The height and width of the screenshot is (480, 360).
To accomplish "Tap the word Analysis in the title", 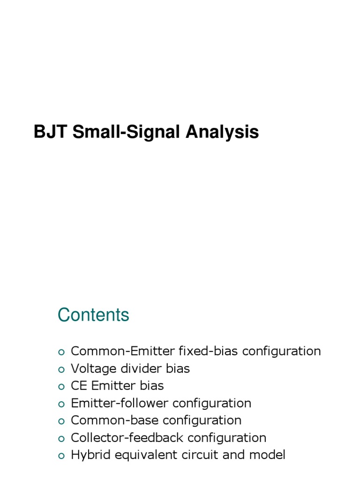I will (x=222, y=132).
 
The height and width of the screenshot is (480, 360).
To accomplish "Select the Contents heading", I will (x=93, y=315).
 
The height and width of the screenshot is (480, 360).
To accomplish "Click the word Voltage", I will (x=92, y=368).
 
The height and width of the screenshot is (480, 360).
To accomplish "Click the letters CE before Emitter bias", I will (x=78, y=386).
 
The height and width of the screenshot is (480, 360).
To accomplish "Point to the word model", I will (x=270, y=455).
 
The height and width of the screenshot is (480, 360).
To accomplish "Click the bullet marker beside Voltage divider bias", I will (x=60, y=369).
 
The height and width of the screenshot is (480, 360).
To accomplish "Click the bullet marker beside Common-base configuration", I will (x=60, y=421).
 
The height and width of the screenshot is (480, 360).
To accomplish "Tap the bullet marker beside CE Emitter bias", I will (x=60, y=387).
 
